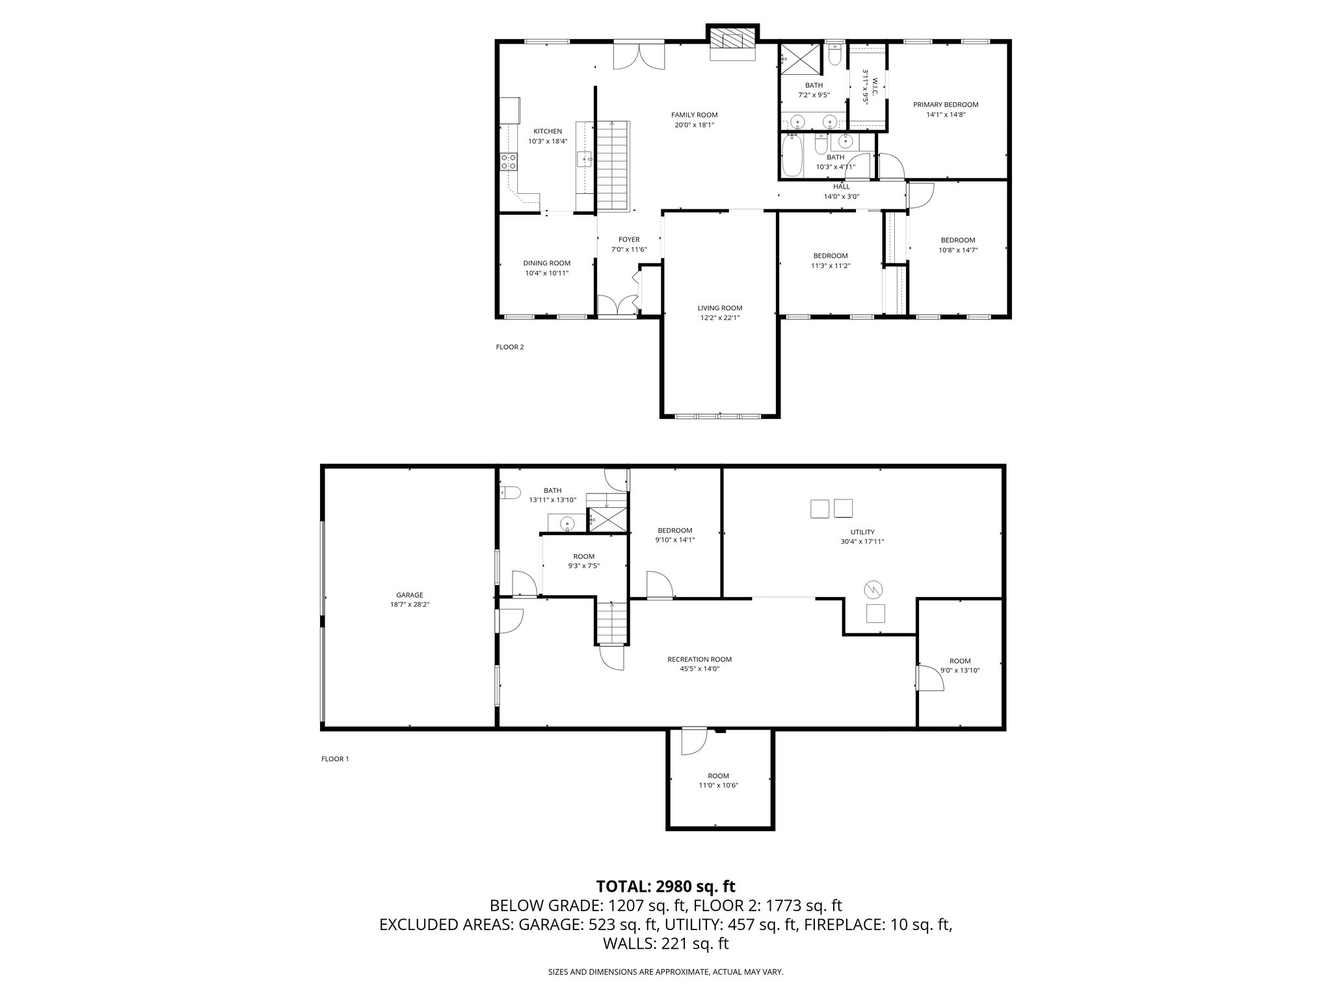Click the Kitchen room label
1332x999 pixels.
(x=548, y=131)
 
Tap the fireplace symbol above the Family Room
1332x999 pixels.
(x=733, y=38)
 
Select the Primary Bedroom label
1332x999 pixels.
(x=946, y=105)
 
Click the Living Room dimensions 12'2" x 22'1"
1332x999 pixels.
(x=720, y=318)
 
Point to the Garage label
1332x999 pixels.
(x=410, y=595)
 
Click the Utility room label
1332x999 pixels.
(x=862, y=532)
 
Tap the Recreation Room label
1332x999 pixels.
(x=695, y=659)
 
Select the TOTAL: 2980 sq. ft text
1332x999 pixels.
(x=666, y=886)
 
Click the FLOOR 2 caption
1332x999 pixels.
(x=510, y=347)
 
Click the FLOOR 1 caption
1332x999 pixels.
(x=335, y=759)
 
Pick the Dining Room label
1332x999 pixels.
(x=547, y=263)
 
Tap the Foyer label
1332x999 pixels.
(x=629, y=240)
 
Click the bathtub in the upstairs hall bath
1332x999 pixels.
(x=792, y=155)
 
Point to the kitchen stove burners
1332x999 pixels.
(x=509, y=162)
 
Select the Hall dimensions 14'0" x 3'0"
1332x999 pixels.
(x=842, y=196)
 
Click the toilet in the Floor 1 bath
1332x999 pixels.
(x=509, y=493)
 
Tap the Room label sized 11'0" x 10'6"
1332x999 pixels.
(x=719, y=776)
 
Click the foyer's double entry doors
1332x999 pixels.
(x=617, y=306)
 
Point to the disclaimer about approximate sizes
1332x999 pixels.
(x=666, y=972)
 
